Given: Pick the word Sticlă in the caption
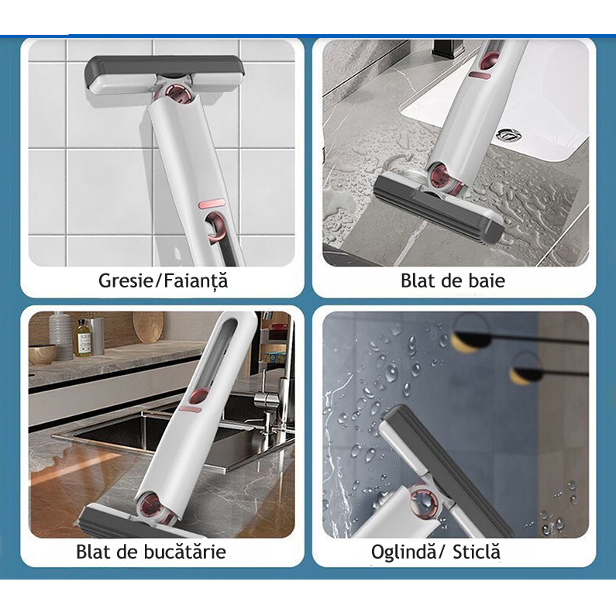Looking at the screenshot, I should tap(477, 552).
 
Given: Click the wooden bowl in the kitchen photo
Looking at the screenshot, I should tap(43, 354).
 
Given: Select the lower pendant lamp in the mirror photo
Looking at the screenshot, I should tap(525, 373).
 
